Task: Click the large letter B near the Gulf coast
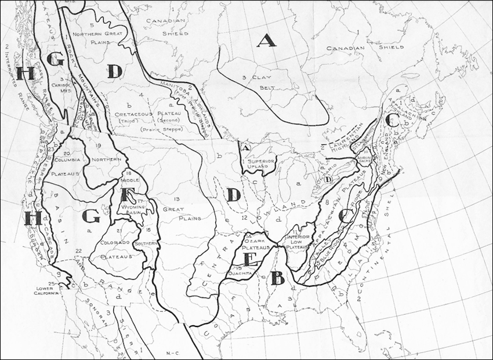pyautogui.click(x=277, y=279)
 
